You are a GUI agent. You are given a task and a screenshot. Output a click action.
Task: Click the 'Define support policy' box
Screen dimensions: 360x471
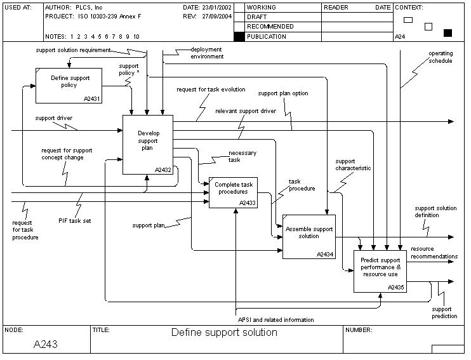point(68,84)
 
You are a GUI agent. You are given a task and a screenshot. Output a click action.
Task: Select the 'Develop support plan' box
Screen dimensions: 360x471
point(147,144)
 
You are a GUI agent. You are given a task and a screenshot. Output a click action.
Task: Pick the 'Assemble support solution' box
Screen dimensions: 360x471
point(308,236)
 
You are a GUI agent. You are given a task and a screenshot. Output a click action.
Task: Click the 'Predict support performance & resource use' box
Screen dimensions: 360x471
point(380,271)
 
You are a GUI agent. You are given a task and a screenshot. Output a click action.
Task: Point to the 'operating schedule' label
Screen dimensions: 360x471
point(440,57)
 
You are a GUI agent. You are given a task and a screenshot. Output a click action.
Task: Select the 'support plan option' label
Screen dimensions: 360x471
point(282,93)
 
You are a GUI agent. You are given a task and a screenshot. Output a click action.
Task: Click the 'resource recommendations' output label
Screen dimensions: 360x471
point(434,256)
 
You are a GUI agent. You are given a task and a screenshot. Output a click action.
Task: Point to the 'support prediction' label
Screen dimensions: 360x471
point(444,312)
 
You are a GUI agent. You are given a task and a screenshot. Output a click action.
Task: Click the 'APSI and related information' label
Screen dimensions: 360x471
point(275,319)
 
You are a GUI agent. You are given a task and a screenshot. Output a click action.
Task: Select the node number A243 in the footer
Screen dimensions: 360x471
point(46,343)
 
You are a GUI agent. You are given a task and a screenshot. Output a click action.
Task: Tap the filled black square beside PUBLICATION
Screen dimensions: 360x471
point(239,37)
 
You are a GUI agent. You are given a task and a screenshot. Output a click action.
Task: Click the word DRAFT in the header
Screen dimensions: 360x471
point(257,17)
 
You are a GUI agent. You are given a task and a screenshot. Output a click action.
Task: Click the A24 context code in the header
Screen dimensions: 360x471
point(400,37)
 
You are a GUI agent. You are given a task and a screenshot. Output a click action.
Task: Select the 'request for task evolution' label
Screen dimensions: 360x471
point(211,90)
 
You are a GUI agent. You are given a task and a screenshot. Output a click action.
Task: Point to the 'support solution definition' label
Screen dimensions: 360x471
point(435,211)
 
